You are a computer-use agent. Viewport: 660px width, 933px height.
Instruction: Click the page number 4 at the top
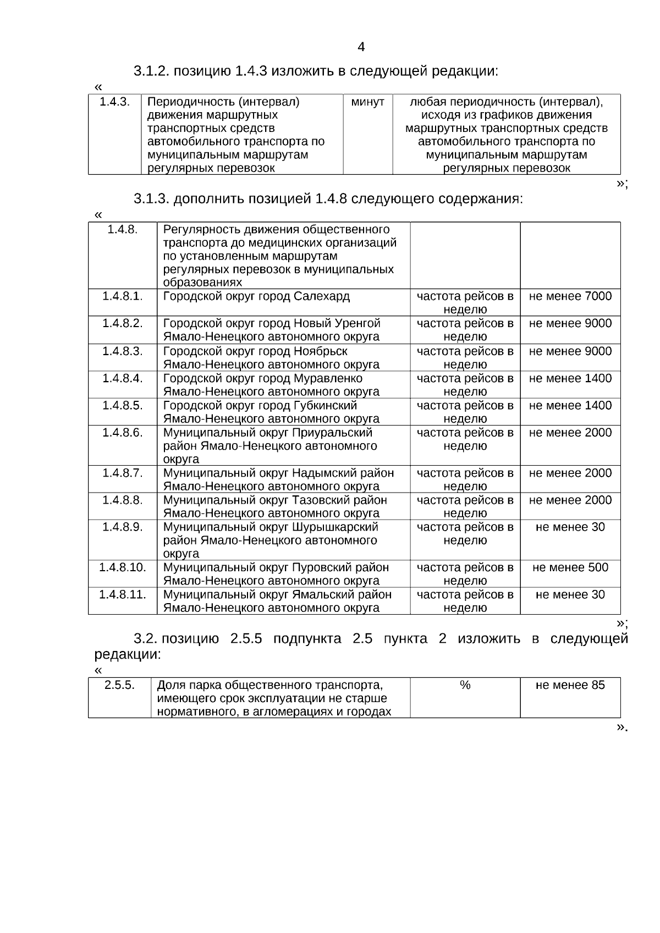[361, 47]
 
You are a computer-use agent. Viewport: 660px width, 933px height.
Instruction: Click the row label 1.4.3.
[114, 102]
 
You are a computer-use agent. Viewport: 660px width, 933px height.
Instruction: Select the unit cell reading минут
[367, 102]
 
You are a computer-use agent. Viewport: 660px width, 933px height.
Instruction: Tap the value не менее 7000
[570, 296]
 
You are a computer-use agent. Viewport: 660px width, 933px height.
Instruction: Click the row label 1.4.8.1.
[122, 296]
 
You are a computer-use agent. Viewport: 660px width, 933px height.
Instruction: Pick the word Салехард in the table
[321, 296]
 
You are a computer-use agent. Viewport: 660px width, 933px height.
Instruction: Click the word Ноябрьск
[321, 351]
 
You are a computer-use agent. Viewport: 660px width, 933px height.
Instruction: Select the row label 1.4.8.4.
[122, 378]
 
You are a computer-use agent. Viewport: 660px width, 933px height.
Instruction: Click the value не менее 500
[570, 567]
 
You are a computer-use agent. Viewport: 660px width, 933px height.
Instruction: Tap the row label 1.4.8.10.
[122, 567]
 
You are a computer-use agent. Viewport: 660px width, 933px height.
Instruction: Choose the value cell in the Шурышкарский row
[570, 527]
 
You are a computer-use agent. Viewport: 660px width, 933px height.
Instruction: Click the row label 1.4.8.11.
[122, 594]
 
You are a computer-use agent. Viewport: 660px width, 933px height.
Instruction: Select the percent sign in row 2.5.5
[465, 685]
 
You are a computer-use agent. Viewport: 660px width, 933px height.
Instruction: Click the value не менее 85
[570, 685]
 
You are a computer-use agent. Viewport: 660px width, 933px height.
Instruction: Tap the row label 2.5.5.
[119, 685]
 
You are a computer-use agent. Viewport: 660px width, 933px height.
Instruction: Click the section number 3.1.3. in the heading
[151, 199]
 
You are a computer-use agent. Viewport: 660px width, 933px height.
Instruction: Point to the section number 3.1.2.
[151, 71]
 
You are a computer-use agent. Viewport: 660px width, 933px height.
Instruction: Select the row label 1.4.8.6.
[122, 433]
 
